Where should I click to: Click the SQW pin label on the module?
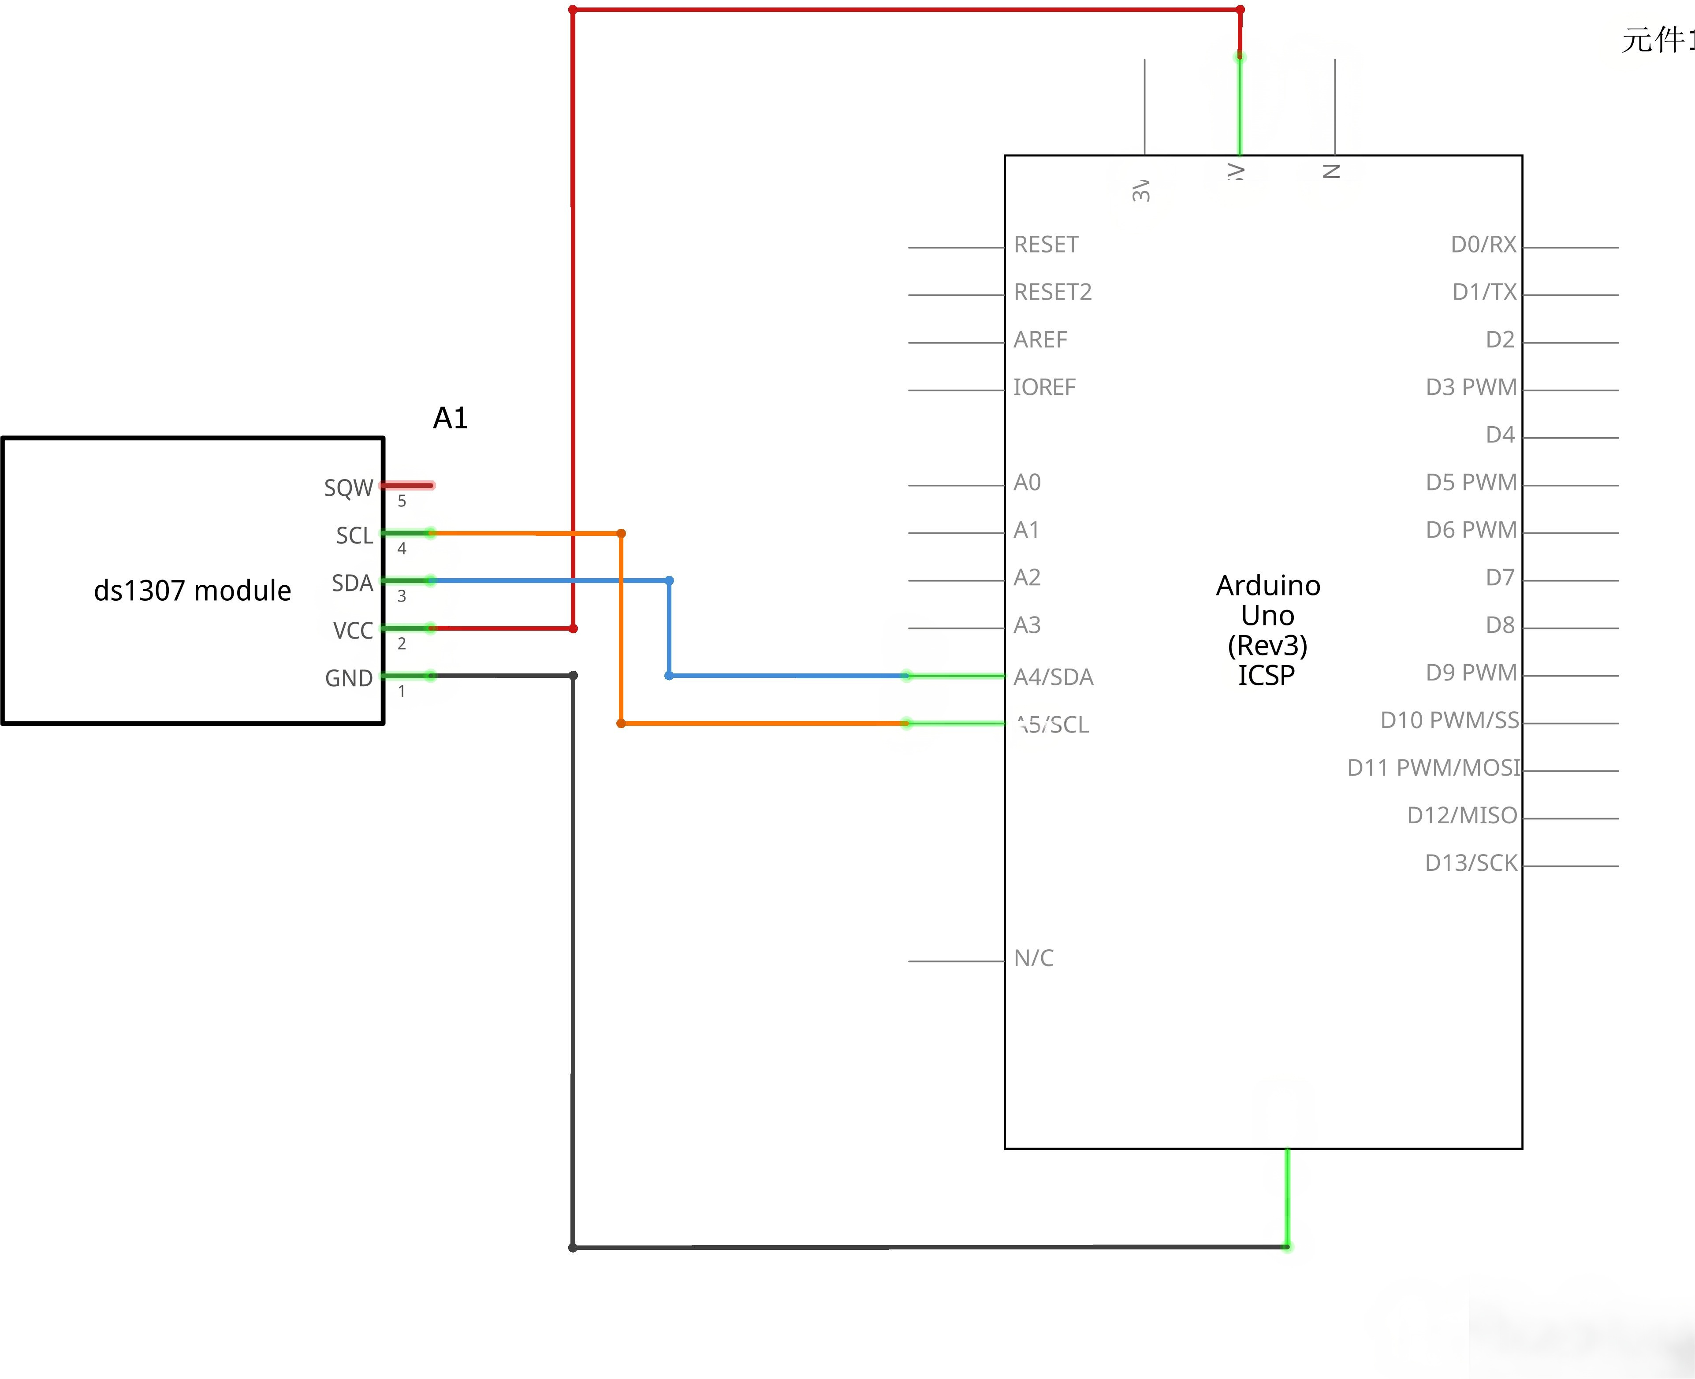tap(348, 488)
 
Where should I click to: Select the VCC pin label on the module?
tap(353, 631)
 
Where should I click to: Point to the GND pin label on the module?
tap(348, 678)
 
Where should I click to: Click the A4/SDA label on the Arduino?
tap(1053, 677)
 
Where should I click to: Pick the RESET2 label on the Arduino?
tap(1052, 292)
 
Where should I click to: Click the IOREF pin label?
tap(1044, 388)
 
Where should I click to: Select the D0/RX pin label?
tap(1483, 245)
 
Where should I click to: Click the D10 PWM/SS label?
tap(1449, 721)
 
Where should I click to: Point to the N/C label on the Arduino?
tap(1033, 958)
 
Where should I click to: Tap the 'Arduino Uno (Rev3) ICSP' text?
tap(1267, 630)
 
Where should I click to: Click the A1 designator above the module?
tap(450, 418)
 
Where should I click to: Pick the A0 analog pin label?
tap(1027, 482)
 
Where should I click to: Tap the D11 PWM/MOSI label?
tap(1433, 768)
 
